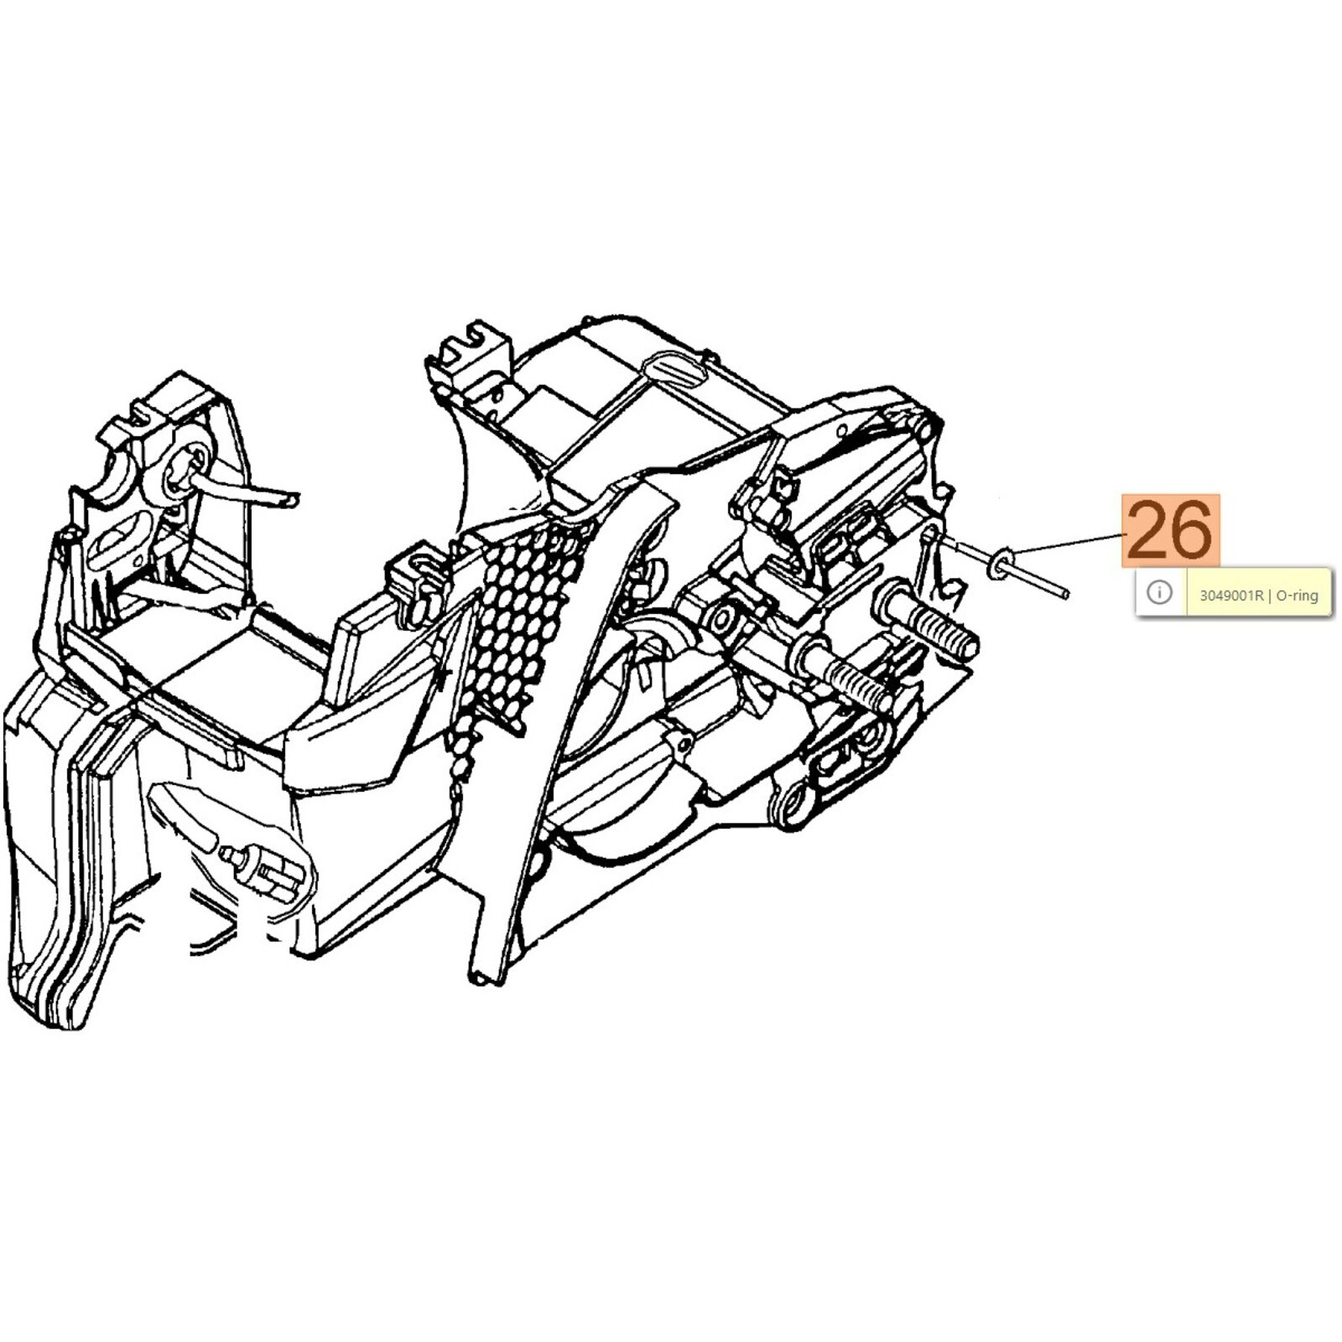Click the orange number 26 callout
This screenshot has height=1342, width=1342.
pos(1171,531)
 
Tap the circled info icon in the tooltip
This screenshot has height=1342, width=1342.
pos(1159,593)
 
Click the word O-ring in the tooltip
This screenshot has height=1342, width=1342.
pos(1297,596)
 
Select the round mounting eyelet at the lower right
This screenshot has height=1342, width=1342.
pos(793,804)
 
